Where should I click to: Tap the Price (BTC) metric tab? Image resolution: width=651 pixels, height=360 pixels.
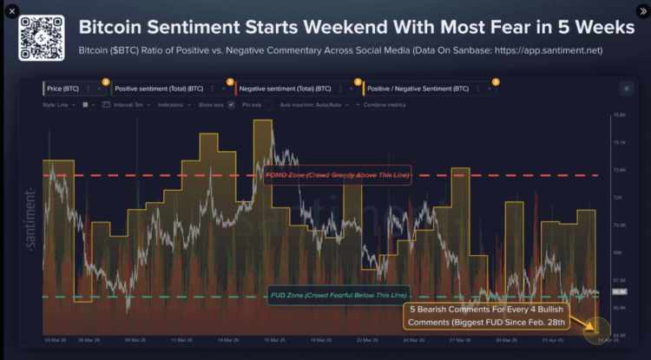point(66,88)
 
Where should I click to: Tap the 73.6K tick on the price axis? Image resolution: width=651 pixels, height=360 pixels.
point(619,170)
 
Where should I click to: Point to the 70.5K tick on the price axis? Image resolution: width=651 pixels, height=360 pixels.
point(619,225)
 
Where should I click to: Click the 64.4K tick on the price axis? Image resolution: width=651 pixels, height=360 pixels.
point(619,335)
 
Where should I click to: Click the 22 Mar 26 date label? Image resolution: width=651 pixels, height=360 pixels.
point(372,341)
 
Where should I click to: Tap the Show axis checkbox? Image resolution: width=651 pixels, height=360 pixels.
point(231,104)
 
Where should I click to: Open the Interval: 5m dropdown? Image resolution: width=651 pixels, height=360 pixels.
point(124,104)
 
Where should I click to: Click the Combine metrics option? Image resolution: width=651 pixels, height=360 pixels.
point(382,104)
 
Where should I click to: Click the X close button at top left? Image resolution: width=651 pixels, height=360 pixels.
point(12,11)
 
